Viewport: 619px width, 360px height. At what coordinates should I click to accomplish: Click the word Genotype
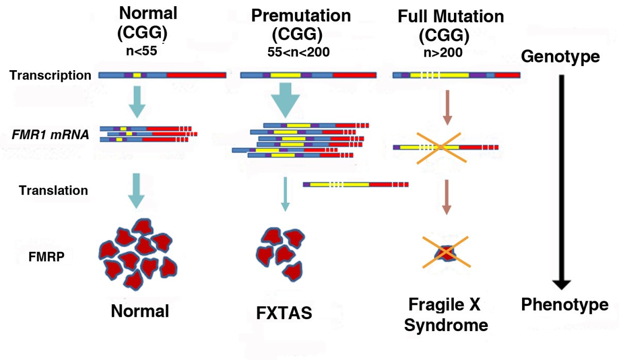(x=560, y=57)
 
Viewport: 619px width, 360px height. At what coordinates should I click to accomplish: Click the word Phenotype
(x=564, y=305)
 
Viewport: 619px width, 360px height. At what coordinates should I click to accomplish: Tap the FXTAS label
(x=284, y=313)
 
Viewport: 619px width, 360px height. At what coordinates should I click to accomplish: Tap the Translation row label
(x=54, y=190)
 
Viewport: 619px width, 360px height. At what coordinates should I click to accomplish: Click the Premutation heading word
(x=301, y=15)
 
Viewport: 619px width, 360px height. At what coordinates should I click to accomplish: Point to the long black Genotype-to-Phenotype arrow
(x=561, y=181)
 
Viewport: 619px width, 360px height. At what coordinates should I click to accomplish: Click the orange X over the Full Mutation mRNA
(x=440, y=147)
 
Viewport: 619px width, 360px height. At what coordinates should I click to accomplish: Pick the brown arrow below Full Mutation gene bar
(x=447, y=107)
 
